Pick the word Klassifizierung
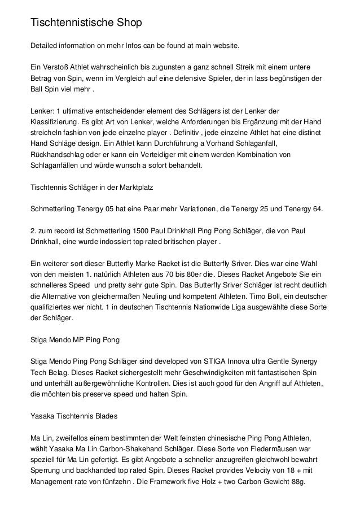(x=54, y=121)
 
